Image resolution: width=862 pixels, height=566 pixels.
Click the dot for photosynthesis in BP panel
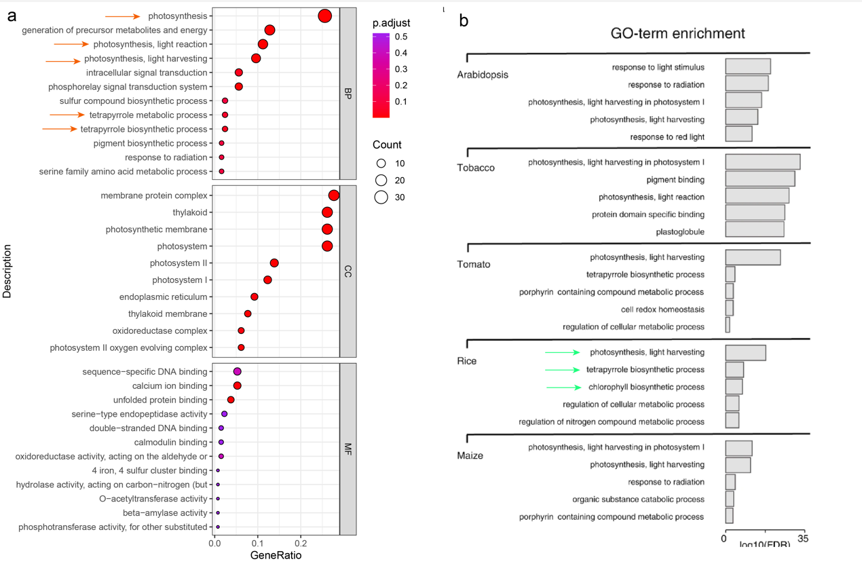click(324, 16)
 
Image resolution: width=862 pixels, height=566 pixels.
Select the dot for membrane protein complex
click(334, 195)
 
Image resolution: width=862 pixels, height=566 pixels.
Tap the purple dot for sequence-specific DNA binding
click(237, 372)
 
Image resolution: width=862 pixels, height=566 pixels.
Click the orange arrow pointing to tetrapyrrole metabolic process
click(67, 115)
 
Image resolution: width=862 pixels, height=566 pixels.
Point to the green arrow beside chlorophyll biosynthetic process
click(564, 388)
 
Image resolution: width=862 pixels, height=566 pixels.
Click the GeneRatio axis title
click(276, 555)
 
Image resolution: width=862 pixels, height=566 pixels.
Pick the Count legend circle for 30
click(381, 197)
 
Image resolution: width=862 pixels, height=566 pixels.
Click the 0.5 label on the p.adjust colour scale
click(401, 37)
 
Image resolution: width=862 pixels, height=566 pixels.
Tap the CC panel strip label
click(348, 271)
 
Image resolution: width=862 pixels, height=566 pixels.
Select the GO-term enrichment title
click(677, 33)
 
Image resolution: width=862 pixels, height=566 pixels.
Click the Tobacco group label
click(476, 168)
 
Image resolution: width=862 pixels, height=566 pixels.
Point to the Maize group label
click(470, 455)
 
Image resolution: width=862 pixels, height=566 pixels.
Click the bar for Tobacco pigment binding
click(760, 180)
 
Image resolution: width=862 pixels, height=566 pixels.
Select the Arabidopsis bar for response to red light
click(738, 134)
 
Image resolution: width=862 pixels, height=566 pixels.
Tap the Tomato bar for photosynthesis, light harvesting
click(753, 257)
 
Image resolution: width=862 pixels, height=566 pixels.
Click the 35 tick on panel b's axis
click(804, 539)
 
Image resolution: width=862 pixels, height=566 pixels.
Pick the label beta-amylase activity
click(165, 513)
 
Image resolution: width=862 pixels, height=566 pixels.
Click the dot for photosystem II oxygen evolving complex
click(241, 347)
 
